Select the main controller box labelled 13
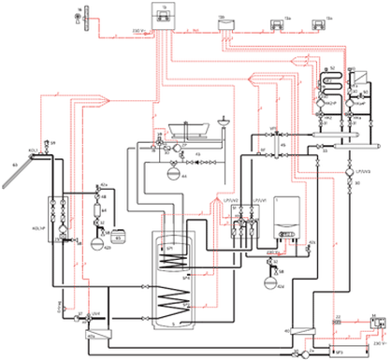pos(161,14)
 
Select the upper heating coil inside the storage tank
pos(171,262)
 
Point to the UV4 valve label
pos(83,314)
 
